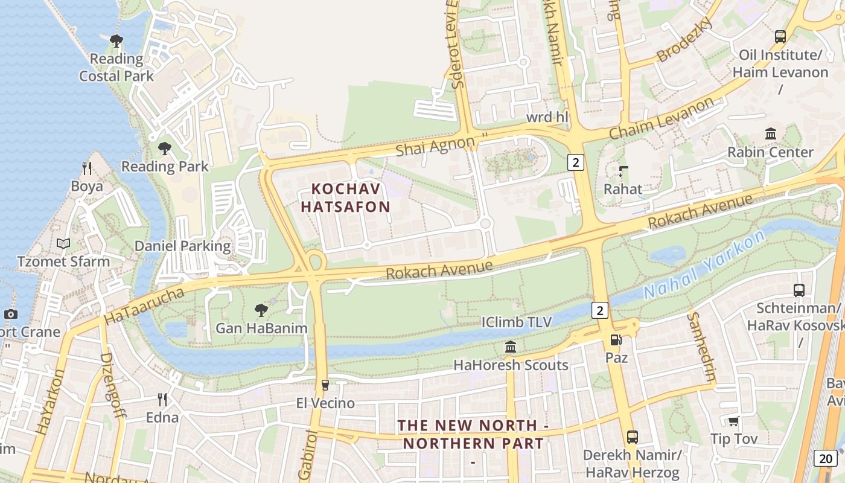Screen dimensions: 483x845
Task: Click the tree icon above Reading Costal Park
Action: [x=116, y=41]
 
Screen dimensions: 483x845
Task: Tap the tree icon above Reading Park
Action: [x=164, y=148]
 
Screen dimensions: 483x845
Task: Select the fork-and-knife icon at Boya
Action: [x=87, y=168]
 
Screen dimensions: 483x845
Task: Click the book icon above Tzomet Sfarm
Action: [x=63, y=244]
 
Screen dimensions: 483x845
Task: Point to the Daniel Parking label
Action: [x=182, y=246]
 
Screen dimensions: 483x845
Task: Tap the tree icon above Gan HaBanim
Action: [x=261, y=310]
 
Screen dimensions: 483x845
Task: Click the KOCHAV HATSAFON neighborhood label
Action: [x=345, y=198]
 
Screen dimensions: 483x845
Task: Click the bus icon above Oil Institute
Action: [x=780, y=37]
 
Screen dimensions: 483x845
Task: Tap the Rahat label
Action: [x=623, y=189]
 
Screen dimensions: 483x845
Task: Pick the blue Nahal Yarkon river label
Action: [x=704, y=266]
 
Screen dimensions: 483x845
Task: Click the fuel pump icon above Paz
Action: [x=616, y=340]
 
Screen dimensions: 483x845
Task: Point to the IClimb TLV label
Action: [x=517, y=322]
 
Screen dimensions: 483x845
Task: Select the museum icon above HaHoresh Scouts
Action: [x=511, y=347]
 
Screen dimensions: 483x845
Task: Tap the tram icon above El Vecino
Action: [x=325, y=385]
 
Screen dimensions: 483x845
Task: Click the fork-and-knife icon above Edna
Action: [x=162, y=399]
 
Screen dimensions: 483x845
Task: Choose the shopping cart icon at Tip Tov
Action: [x=733, y=421]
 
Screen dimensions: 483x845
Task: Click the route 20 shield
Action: [x=825, y=458]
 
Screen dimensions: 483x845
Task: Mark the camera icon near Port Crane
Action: [x=10, y=314]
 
